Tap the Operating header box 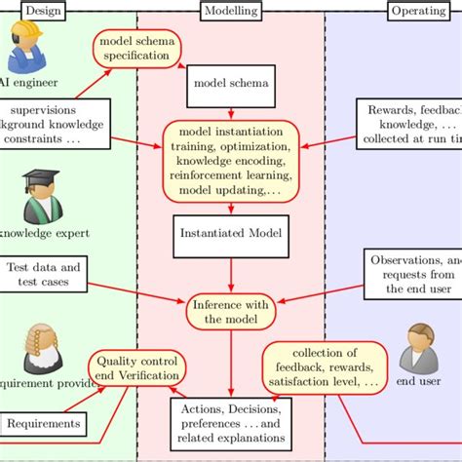point(419,11)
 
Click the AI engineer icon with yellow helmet point(23,44)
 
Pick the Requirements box point(43,424)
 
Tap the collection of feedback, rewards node point(322,367)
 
